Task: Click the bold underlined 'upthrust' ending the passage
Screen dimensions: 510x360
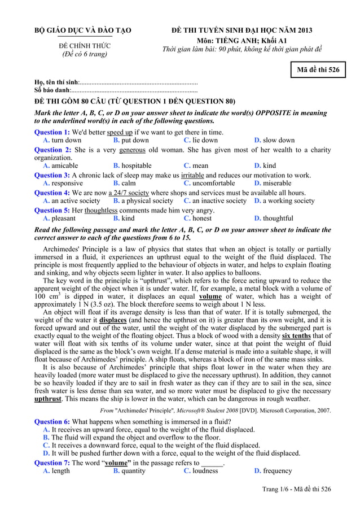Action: pos(48,398)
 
